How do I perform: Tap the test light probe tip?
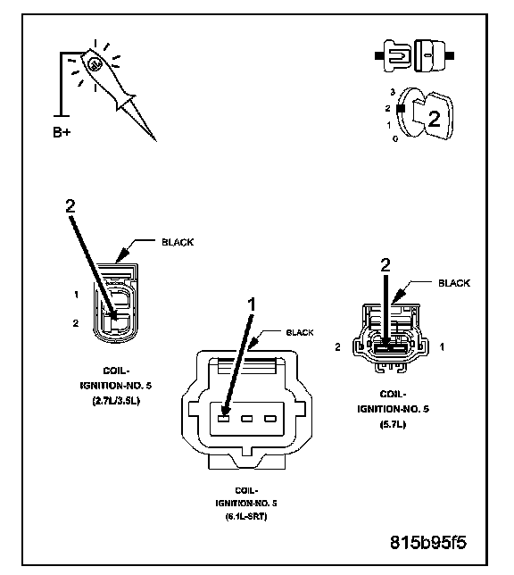pyautogui.click(x=153, y=138)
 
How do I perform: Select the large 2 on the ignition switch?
pyautogui.click(x=433, y=120)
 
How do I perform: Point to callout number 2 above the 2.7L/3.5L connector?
pyautogui.click(x=70, y=204)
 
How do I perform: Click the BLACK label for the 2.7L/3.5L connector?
pyautogui.click(x=176, y=242)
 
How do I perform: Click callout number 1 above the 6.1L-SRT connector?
pyautogui.click(x=252, y=304)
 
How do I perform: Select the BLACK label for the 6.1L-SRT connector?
pyautogui.click(x=299, y=332)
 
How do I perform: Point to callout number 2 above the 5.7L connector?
pyautogui.click(x=385, y=265)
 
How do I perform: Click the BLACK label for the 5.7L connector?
pyautogui.click(x=453, y=283)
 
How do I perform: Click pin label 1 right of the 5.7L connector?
pyautogui.click(x=443, y=345)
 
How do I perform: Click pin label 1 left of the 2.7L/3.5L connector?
pyautogui.click(x=77, y=293)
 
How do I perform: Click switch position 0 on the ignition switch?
pyautogui.click(x=395, y=139)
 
